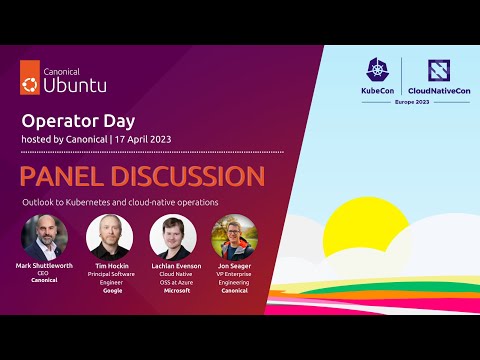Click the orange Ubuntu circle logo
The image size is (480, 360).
point(31,84)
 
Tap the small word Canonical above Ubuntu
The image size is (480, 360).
point(64,70)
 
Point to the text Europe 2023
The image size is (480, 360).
point(410,103)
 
